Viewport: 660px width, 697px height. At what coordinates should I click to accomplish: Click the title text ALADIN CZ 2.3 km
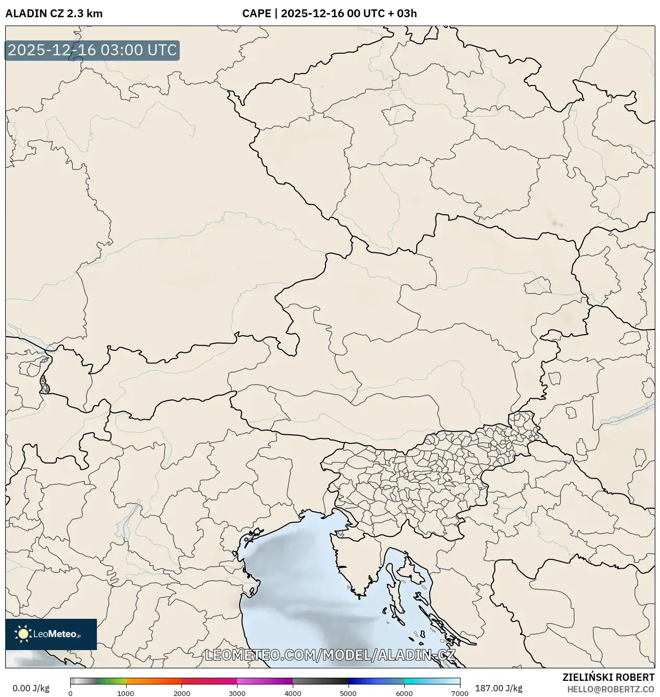(54, 14)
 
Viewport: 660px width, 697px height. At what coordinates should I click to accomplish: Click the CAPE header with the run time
(329, 14)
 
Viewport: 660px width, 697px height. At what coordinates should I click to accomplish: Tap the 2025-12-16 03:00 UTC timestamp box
(92, 51)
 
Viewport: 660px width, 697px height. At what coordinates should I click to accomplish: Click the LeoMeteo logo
(51, 634)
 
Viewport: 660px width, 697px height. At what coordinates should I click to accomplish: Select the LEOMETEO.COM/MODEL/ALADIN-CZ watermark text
(330, 655)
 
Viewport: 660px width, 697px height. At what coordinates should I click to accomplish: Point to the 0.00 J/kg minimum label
(31, 688)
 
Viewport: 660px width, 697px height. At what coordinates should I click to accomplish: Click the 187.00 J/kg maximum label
(492, 688)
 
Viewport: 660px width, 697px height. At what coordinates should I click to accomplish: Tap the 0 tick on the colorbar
(70, 693)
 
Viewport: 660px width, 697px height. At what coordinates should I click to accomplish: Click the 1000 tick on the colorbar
(126, 693)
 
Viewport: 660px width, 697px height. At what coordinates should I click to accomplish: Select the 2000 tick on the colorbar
(181, 693)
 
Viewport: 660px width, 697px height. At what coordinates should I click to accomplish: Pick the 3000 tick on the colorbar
(237, 693)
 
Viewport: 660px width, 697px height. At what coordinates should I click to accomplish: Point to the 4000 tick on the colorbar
(293, 693)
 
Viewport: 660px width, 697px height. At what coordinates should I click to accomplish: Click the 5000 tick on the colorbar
(348, 693)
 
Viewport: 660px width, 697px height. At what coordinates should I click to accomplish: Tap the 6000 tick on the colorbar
(404, 693)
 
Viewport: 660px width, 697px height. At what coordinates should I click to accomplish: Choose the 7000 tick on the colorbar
(459, 693)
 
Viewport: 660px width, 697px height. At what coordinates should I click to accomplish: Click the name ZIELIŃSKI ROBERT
(608, 678)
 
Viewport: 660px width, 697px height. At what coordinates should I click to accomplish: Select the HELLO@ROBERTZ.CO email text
(611, 689)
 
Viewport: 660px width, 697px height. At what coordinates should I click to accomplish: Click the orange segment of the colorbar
(154, 681)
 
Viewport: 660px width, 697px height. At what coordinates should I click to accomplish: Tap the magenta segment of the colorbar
(265, 681)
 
